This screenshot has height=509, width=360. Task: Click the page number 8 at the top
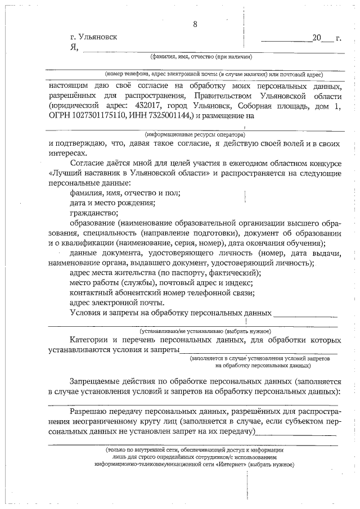point(195,24)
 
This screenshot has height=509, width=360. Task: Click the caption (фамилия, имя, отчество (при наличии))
point(200,57)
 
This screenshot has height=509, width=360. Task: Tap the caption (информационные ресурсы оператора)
point(195,135)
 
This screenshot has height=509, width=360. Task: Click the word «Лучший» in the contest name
point(66,173)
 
